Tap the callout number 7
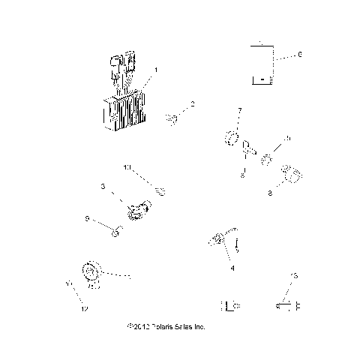click(239, 110)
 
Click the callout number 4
click(232, 267)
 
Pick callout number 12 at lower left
click(85, 309)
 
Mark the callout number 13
click(294, 276)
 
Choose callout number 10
click(127, 166)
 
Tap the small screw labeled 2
click(172, 117)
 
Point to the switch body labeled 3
click(137, 212)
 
